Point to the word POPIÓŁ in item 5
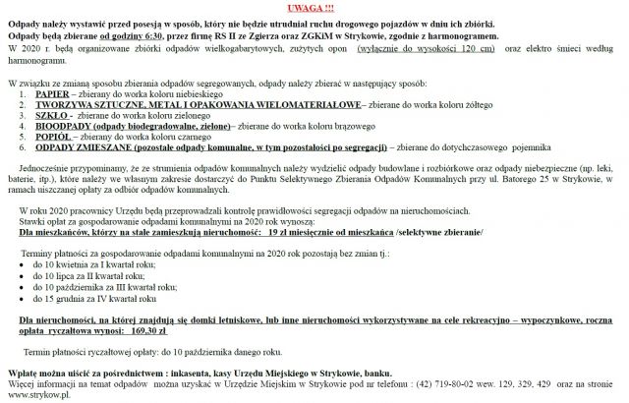click(x=52, y=138)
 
